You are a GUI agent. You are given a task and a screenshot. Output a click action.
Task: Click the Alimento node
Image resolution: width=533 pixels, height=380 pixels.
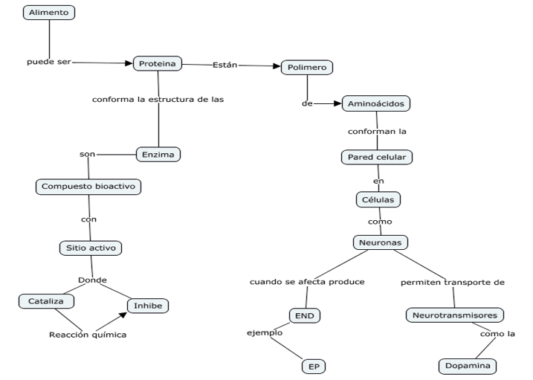tap(49, 13)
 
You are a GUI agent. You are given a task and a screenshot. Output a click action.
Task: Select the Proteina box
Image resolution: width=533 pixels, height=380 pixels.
tap(158, 64)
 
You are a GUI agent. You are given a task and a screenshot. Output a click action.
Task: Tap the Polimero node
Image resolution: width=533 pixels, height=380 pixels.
tap(306, 68)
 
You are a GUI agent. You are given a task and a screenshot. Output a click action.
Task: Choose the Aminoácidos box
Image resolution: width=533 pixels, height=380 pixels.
tap(375, 104)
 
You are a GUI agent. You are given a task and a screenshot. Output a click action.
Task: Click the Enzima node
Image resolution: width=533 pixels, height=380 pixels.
tap(159, 155)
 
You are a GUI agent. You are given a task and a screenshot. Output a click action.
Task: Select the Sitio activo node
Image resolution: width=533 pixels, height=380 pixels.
tap(90, 248)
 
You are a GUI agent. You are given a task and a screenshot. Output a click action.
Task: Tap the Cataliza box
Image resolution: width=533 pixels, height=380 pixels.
tap(46, 300)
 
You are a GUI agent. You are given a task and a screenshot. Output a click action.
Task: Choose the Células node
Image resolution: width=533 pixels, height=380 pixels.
tap(378, 199)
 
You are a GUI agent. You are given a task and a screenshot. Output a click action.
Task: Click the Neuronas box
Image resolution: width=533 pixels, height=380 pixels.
tap(381, 242)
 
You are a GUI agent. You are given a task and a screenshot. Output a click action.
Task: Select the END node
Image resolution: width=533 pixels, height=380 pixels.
tap(304, 316)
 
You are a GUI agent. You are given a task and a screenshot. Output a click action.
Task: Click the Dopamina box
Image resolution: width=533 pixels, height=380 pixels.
tap(466, 366)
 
